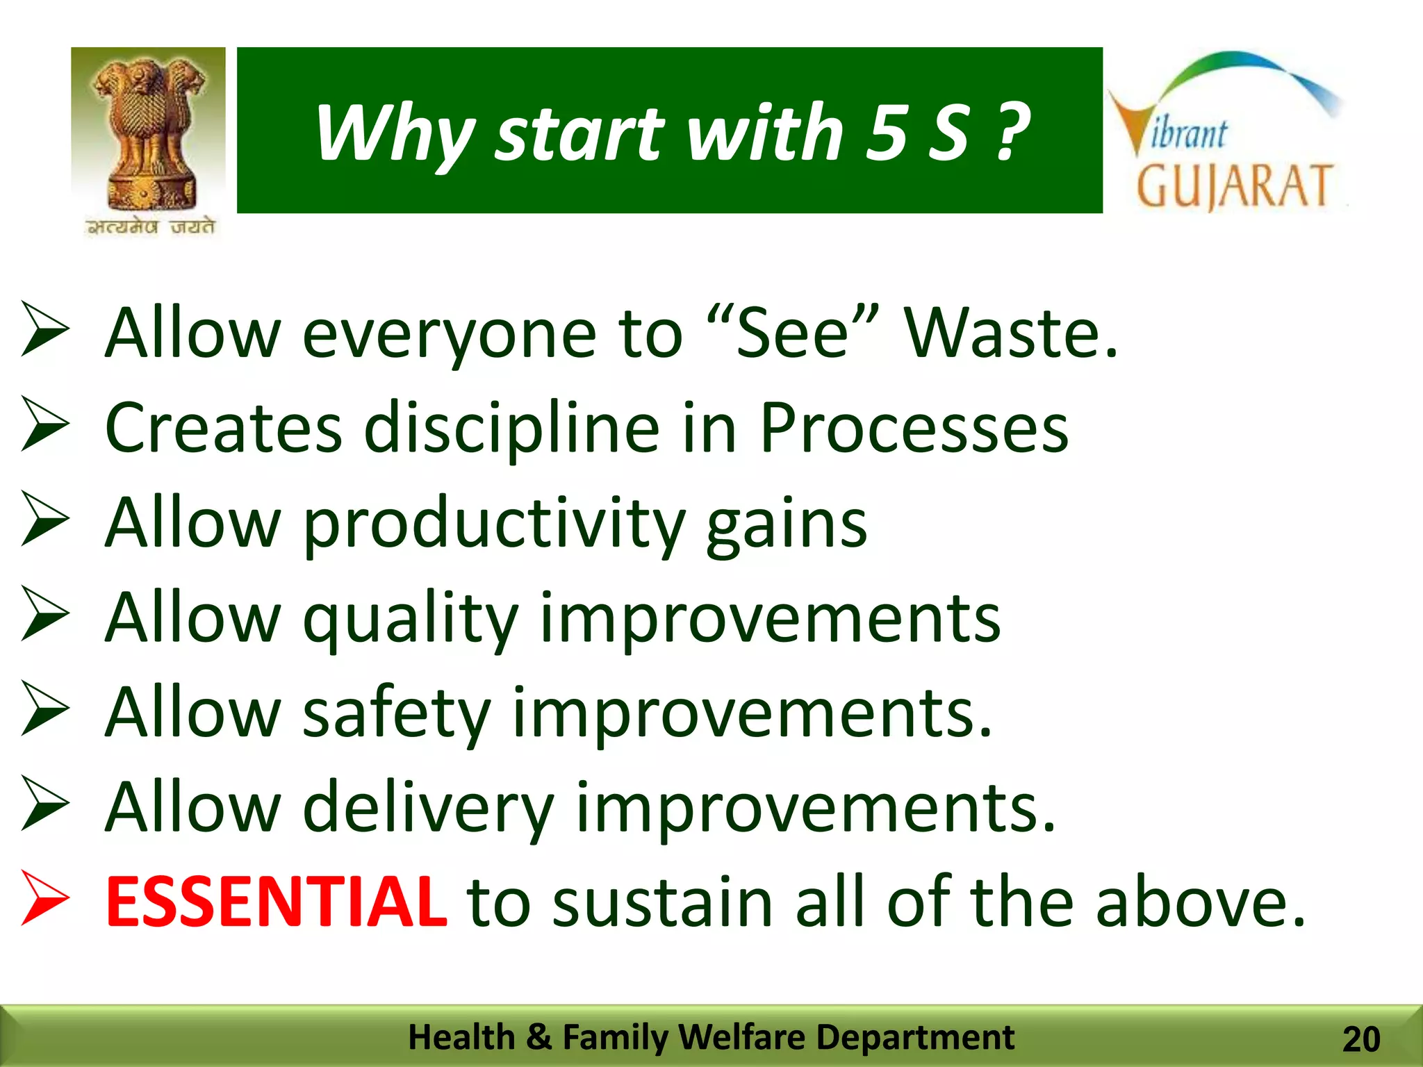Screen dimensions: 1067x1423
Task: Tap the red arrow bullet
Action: coord(45,898)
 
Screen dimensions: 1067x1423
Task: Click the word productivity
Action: coord(494,525)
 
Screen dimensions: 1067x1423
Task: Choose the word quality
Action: coord(411,618)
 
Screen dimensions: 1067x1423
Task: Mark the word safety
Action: coord(397,713)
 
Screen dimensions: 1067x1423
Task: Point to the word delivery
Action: coord(429,809)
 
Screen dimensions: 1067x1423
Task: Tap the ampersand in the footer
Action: coord(538,1037)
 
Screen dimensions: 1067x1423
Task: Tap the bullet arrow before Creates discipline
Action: coord(45,424)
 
